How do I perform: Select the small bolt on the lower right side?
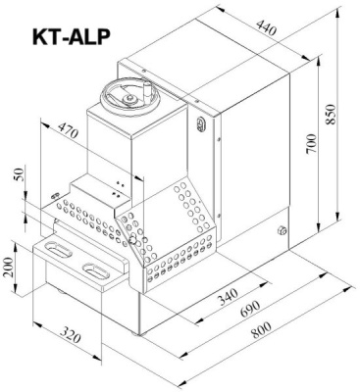(282, 232)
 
